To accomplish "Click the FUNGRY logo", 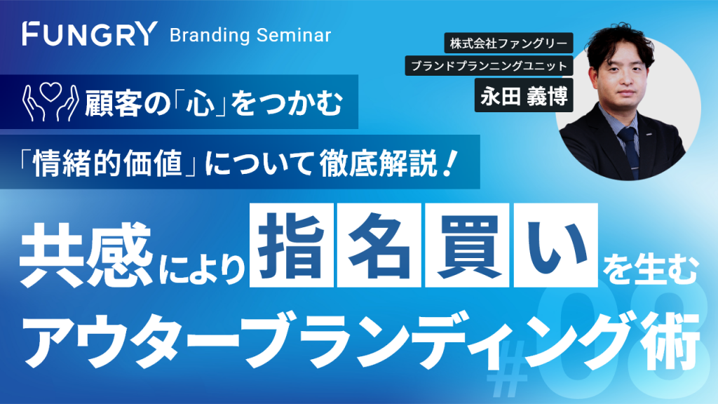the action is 90,34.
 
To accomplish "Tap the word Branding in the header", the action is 210,35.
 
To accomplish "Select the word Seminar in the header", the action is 294,35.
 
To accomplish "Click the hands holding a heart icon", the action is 50,102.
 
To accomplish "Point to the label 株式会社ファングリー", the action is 508,43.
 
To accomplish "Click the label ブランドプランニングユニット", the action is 489,66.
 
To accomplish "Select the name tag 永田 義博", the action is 524,95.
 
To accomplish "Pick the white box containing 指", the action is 292,245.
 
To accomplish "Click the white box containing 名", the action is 379,245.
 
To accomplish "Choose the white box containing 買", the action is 467,245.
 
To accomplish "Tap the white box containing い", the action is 555,245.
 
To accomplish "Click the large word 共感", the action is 86,255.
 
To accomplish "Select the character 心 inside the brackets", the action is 200,103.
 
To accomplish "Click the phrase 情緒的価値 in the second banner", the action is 107,163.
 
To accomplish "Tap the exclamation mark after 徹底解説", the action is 451,163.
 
